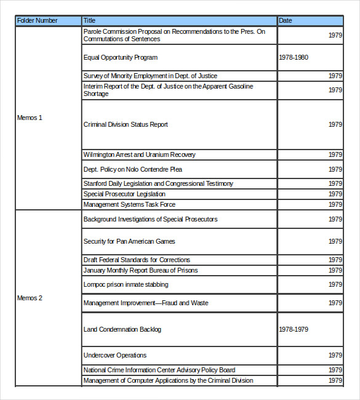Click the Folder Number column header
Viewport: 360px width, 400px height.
pos(38,21)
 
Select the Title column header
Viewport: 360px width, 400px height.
pos(90,21)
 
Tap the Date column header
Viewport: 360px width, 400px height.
pos(286,21)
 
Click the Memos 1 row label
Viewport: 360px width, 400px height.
pos(30,118)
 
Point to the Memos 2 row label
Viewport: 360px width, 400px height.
pos(30,298)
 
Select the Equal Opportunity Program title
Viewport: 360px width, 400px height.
pos(121,58)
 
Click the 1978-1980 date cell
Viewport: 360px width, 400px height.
pos(294,58)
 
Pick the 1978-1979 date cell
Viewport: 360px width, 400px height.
pos(294,330)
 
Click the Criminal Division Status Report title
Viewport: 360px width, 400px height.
pos(126,125)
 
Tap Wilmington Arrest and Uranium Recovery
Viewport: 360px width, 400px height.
pos(140,155)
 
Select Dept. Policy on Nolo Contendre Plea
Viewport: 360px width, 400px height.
pos(133,170)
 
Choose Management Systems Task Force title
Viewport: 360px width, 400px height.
pos(130,205)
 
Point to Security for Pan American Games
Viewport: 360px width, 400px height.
pos(129,242)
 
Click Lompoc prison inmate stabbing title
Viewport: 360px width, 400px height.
pos(126,285)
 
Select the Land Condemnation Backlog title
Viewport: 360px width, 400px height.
pos(122,330)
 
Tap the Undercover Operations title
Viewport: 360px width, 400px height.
pos(115,356)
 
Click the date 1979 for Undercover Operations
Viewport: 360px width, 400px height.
pos(335,356)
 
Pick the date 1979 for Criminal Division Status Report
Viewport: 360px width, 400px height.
pos(335,125)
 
